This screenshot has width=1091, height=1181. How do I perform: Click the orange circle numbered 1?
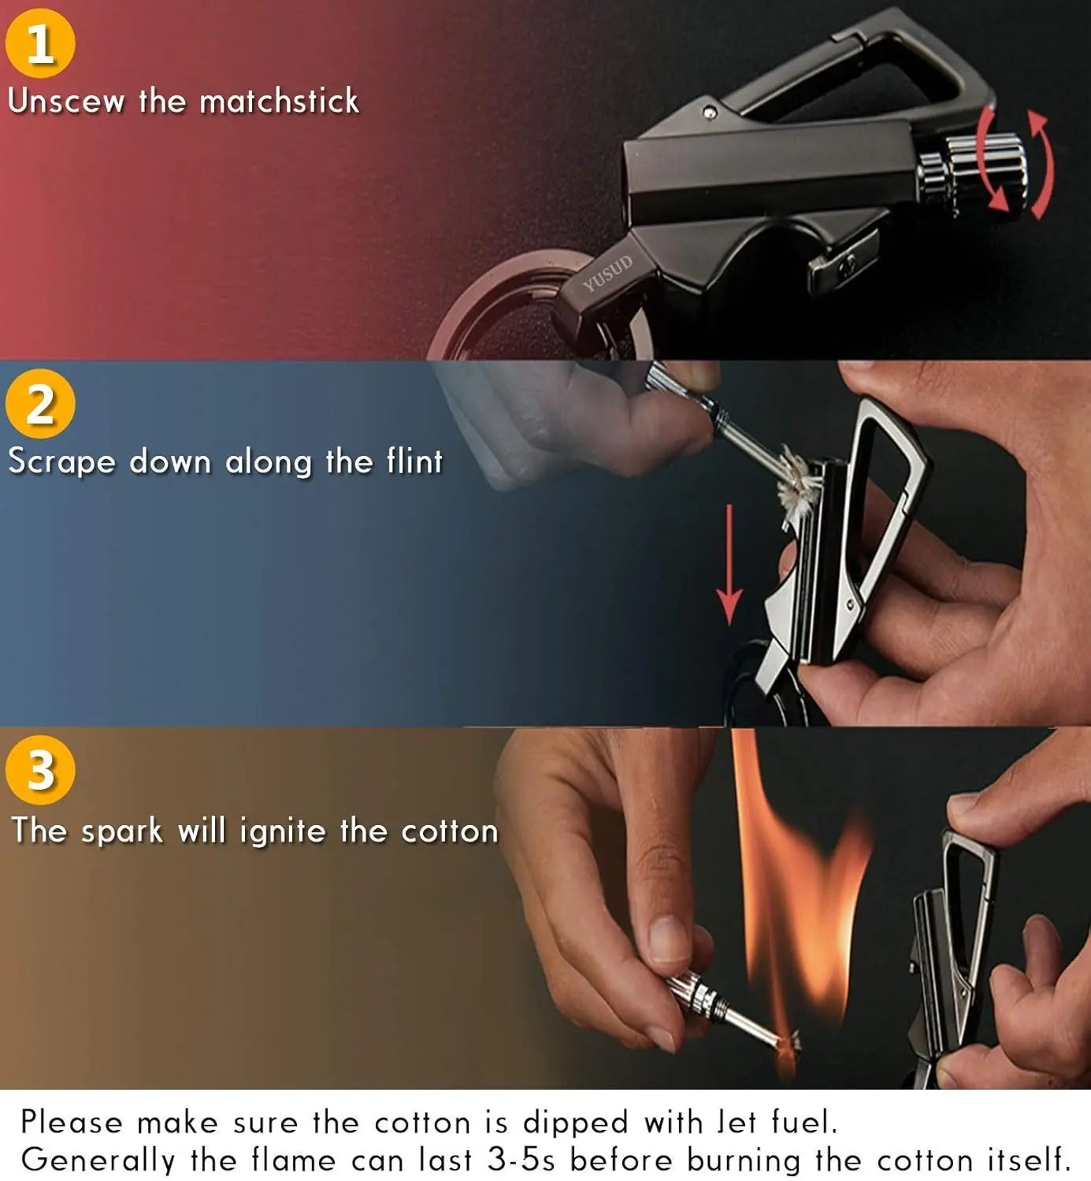pos(40,43)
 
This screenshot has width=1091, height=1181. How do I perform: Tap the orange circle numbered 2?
pos(40,404)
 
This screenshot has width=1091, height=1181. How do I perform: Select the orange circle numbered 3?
pos(40,769)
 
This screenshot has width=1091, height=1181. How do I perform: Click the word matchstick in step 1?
pos(279,102)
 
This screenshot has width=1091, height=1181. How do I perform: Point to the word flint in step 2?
pos(414,461)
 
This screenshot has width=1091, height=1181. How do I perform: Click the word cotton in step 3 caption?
pos(449,831)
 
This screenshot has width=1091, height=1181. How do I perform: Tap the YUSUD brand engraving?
pos(607,273)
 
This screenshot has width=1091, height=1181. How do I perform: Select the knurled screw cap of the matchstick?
pos(985,172)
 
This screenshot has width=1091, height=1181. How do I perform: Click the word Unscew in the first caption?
pos(66,102)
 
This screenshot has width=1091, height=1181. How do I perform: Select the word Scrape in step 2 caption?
pos(61,462)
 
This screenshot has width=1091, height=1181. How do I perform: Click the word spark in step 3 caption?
pos(121,831)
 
